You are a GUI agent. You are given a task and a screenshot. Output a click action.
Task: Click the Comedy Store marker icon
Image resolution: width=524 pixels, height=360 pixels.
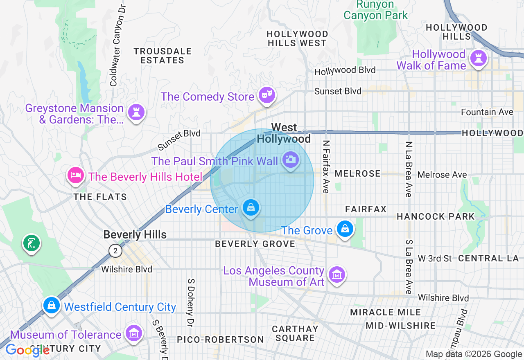point(267,96)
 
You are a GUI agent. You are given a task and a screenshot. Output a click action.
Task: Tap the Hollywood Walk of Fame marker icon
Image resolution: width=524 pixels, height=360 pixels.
point(478,58)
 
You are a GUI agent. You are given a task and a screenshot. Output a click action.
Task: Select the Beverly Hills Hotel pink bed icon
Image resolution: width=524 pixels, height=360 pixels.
point(76,175)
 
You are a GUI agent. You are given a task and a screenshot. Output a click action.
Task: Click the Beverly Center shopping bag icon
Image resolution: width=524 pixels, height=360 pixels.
point(251,208)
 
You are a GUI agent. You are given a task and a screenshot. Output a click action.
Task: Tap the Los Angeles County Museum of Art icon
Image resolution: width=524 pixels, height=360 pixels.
point(337,274)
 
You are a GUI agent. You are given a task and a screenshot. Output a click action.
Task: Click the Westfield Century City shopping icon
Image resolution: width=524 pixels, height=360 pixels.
point(52,305)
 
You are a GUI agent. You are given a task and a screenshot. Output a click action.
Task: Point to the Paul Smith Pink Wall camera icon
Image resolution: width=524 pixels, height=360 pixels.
point(291,160)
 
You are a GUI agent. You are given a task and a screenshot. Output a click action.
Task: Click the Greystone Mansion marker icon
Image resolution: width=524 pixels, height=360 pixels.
point(136,112)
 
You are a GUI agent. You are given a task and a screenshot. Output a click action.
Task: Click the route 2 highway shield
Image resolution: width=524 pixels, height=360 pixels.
point(115,251)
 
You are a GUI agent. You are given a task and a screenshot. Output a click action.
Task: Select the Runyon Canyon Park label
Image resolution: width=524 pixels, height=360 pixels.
point(375,10)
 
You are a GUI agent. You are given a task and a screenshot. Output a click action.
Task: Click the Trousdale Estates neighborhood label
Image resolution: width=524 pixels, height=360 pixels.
point(163,56)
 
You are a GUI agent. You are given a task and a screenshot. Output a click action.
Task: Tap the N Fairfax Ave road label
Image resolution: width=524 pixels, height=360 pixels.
point(326,166)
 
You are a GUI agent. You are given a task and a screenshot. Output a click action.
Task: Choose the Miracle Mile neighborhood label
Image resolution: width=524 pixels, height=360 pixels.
point(385,313)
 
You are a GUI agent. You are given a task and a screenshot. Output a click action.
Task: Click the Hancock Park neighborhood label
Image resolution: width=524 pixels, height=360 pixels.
point(436,216)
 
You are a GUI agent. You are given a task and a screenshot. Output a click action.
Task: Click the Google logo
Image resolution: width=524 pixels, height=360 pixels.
point(27,350)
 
